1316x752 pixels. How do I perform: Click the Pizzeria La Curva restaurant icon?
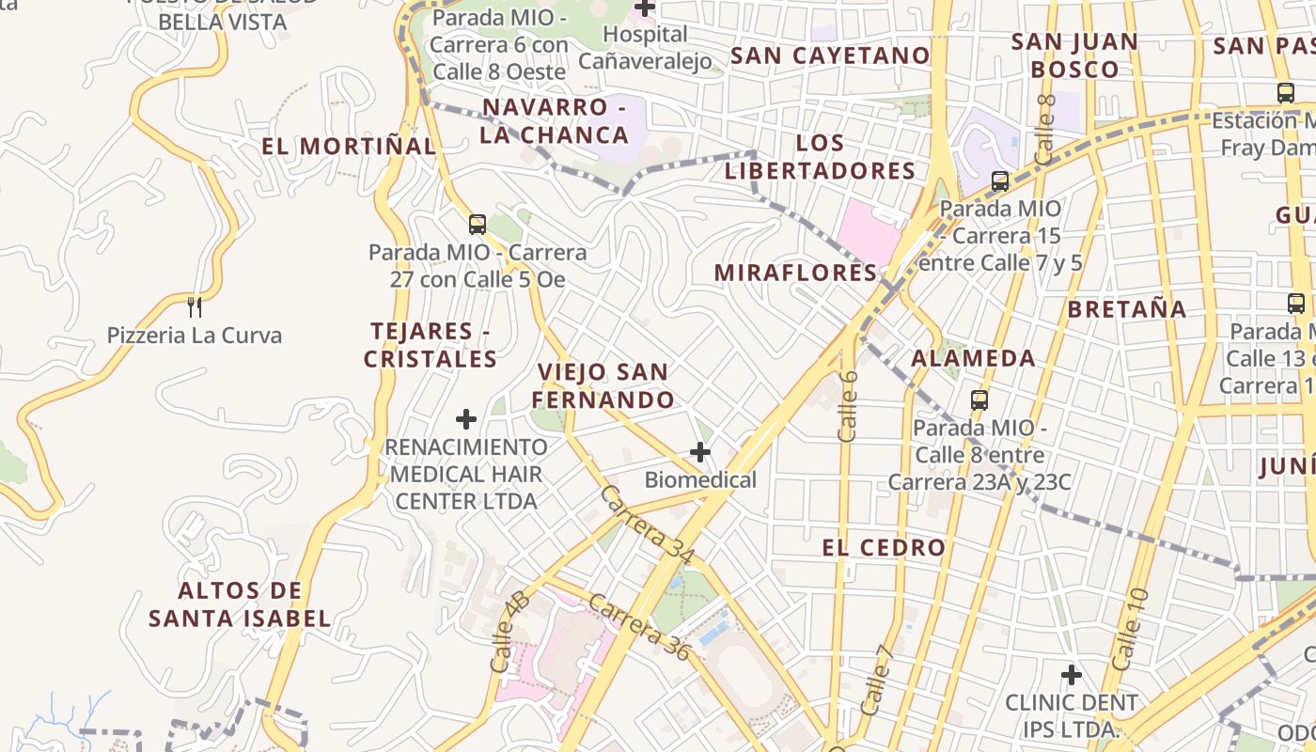pyautogui.click(x=195, y=305)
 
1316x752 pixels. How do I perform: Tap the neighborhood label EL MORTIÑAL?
pyautogui.click(x=349, y=147)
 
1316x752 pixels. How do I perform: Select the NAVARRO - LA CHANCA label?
pyautogui.click(x=555, y=121)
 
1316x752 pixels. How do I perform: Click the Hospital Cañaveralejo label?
pyautogui.click(x=645, y=47)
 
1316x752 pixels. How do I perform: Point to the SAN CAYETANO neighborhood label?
pyautogui.click(x=830, y=55)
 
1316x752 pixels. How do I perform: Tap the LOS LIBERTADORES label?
pyautogui.click(x=820, y=157)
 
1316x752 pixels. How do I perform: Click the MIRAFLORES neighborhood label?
pyautogui.click(x=795, y=273)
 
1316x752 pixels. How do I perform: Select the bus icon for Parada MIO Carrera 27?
pyautogui.click(x=478, y=224)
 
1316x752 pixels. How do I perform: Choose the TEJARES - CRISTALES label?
pyautogui.click(x=431, y=345)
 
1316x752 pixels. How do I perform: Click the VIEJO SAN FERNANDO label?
pyautogui.click(x=603, y=385)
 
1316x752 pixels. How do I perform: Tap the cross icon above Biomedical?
pyautogui.click(x=700, y=452)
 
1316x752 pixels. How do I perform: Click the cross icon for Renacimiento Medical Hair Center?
pyautogui.click(x=466, y=418)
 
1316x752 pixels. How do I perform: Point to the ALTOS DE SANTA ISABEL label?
pyautogui.click(x=240, y=604)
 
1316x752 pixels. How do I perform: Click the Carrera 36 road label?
pyautogui.click(x=640, y=627)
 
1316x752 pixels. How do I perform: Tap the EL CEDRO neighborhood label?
pyautogui.click(x=884, y=548)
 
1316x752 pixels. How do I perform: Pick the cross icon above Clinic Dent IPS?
pyautogui.click(x=1071, y=674)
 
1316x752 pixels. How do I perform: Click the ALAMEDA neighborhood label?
pyautogui.click(x=973, y=358)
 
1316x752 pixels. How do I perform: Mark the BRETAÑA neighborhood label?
pyautogui.click(x=1127, y=309)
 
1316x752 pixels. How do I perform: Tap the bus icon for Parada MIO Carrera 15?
pyautogui.click(x=1000, y=180)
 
